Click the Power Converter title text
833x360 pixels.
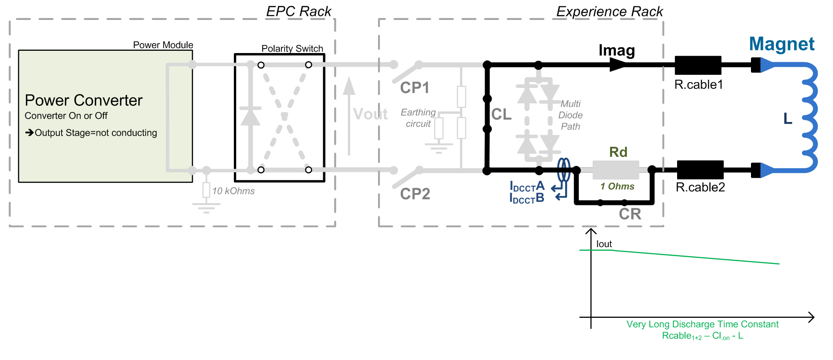[83, 100]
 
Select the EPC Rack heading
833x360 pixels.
[299, 11]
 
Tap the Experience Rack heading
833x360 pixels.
[609, 11]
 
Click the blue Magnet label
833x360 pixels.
[781, 44]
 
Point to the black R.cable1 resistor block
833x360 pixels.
[697, 65]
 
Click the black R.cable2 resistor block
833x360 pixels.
[700, 170]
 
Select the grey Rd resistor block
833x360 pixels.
[615, 170]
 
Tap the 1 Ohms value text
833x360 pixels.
[617, 186]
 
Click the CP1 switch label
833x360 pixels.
[414, 88]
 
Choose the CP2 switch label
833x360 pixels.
[415, 194]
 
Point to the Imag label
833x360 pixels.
[616, 50]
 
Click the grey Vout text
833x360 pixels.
[370, 114]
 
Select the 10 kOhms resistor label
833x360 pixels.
[233, 191]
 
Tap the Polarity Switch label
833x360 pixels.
[292, 49]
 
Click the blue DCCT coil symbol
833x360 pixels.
[563, 170]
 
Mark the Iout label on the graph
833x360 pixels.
[604, 244]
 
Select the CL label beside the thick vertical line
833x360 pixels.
[501, 114]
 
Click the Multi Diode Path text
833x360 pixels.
[570, 115]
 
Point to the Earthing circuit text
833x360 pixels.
[418, 118]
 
